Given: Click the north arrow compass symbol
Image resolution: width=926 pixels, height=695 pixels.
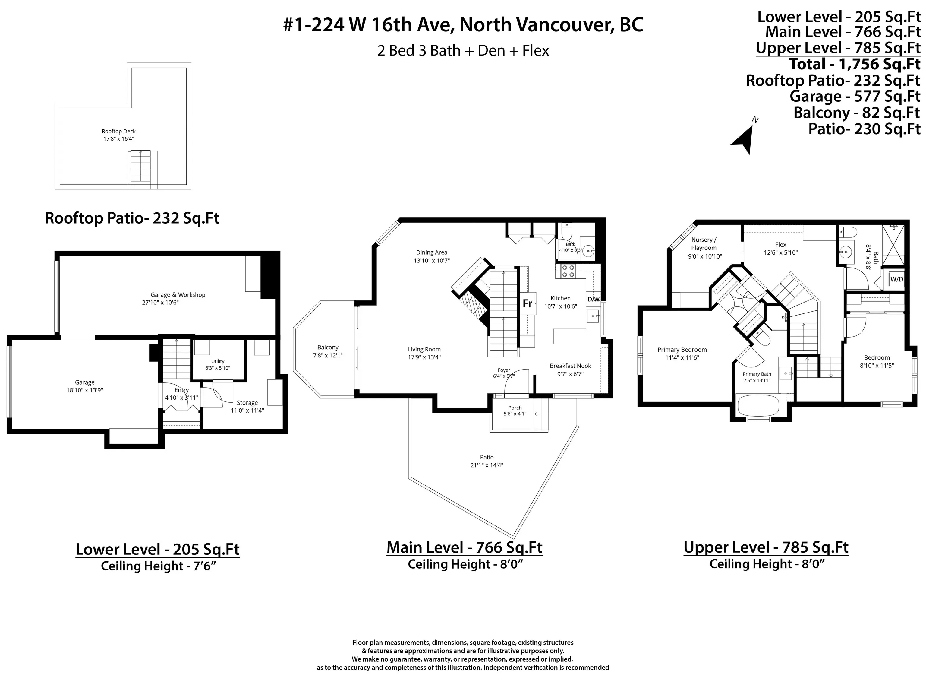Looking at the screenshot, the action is click(744, 138).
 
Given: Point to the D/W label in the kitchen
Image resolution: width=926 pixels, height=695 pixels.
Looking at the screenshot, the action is click(594, 299).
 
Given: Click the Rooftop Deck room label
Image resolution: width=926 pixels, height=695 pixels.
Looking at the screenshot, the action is click(119, 131).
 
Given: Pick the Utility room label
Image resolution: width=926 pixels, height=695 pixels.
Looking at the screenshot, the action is click(218, 361).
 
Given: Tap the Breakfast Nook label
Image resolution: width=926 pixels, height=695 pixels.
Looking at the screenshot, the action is click(570, 366).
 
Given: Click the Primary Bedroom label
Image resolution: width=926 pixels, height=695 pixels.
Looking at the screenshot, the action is click(682, 349).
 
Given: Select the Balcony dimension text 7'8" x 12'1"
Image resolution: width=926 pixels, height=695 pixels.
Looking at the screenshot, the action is click(328, 355).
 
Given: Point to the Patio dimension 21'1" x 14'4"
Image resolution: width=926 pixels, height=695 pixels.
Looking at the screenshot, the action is click(487, 465).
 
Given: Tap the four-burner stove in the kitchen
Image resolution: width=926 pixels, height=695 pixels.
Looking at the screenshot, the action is click(568, 271).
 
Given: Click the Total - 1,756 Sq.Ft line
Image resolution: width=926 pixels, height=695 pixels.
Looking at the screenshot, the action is click(855, 64).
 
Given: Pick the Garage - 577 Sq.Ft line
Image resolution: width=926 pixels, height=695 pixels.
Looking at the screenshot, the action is click(855, 96).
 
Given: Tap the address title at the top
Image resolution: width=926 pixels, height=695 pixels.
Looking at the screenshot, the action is click(463, 25).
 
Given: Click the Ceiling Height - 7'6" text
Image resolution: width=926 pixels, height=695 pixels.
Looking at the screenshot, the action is click(158, 566).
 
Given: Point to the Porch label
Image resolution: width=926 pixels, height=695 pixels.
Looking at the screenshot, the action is click(515, 408).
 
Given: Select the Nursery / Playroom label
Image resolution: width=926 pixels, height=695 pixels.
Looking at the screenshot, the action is click(704, 244).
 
